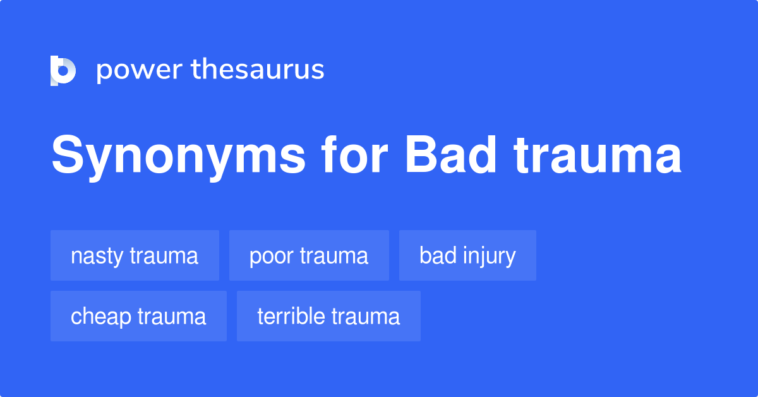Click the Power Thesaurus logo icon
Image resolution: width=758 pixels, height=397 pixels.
pos(63,70)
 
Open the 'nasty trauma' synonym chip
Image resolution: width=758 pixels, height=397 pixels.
pos(135,255)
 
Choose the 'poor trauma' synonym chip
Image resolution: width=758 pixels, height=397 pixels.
pos(309,255)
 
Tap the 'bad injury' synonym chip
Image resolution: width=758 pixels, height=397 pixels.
pos(467,255)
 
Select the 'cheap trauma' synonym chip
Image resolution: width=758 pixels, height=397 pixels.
pos(138,316)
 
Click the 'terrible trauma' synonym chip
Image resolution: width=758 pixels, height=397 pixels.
pos(328,316)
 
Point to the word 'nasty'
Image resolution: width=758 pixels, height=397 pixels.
pos(97,255)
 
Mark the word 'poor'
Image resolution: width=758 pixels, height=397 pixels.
pos(272,255)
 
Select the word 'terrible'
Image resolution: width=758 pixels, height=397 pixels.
pos(291,316)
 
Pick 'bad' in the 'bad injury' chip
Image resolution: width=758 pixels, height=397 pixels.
pos(433,255)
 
